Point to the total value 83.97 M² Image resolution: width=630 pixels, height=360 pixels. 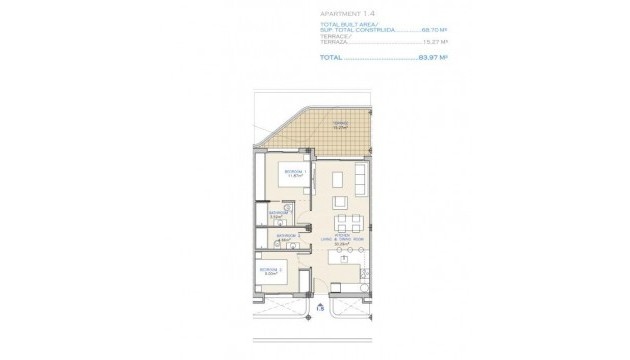(433, 58)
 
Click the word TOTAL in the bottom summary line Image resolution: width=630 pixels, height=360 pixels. (331, 58)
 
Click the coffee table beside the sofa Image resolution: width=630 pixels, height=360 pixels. (338, 181)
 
